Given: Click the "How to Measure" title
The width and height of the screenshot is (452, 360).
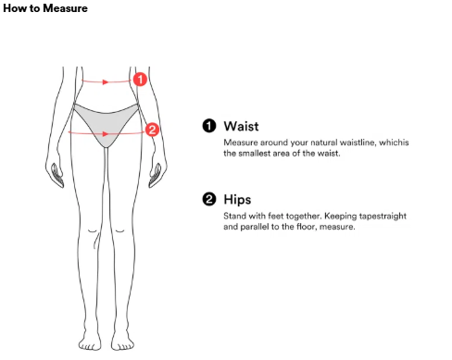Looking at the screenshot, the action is tap(45, 8).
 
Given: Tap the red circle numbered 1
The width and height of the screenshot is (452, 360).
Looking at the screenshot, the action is tap(140, 80).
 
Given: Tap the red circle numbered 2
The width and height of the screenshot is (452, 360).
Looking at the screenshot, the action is tap(152, 130).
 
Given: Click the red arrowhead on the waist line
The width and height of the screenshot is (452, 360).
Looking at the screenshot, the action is tap(106, 82).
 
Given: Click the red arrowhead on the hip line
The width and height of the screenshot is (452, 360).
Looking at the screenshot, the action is tap(106, 134).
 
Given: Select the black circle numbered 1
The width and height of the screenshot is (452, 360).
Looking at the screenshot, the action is tap(209, 126).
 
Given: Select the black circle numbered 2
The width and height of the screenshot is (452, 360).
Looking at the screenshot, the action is tap(209, 199).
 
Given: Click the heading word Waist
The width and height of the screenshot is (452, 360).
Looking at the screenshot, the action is tap(241, 127).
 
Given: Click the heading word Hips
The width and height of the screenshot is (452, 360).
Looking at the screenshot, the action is tap(237, 200).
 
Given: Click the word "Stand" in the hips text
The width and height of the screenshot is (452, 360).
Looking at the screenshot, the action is tap(234, 216).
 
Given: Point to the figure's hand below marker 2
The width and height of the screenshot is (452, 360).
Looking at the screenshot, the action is tap(157, 174).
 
